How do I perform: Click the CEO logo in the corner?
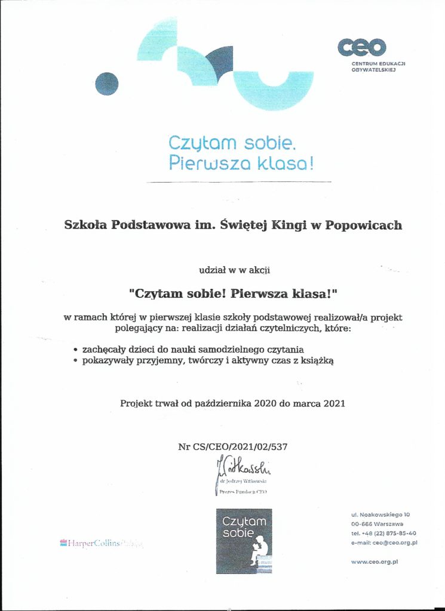(361, 47)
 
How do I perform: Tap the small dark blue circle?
(107, 84)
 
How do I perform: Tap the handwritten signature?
(241, 464)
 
